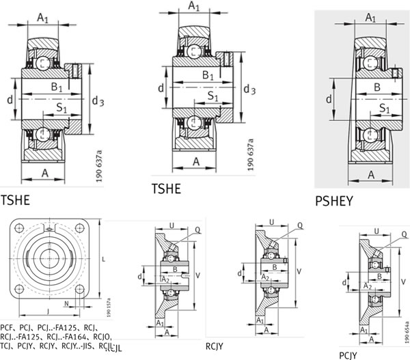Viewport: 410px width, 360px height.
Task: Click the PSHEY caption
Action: click(341, 202)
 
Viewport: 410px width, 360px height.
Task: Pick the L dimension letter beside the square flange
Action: click(101, 261)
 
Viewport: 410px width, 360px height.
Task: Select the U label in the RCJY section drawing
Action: click(273, 222)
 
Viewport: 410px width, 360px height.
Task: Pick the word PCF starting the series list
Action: click(9, 317)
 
